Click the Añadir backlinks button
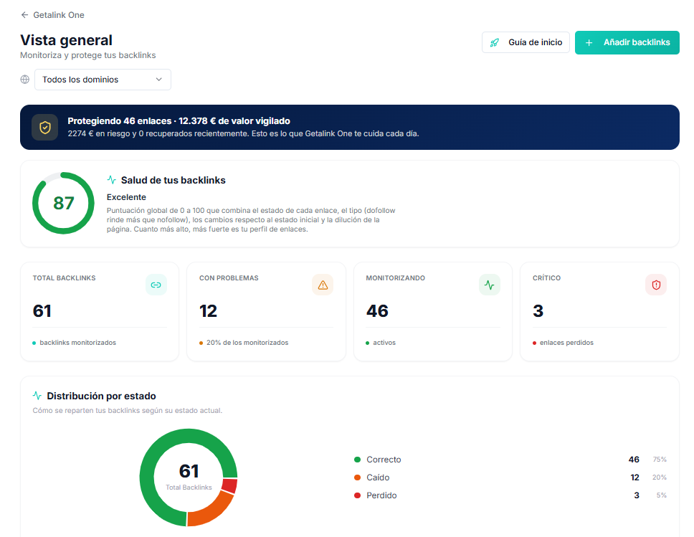coord(627,42)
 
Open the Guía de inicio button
coord(526,42)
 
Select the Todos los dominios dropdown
coord(103,80)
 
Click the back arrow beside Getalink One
coord(24,15)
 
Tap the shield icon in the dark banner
coord(44,128)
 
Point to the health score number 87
coord(63,203)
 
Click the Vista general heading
coord(67,40)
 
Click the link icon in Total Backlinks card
coord(156,285)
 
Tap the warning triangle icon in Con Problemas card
coord(323,285)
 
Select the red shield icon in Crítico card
coord(656,285)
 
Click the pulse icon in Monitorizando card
coord(490,285)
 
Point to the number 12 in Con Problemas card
coord(208,310)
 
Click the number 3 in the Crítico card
coord(538,310)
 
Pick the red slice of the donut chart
coord(229,485)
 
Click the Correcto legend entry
coord(378,460)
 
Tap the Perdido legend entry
coord(376,495)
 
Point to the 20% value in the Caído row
coord(660,477)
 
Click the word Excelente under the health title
coord(126,197)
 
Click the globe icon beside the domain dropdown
coord(25,80)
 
